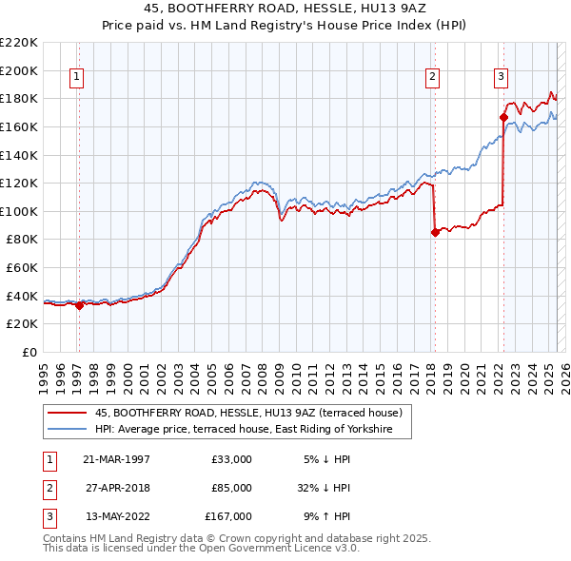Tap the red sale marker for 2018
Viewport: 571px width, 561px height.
(435, 231)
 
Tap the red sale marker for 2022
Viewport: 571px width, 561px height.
(503, 117)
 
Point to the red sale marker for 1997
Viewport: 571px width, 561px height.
(79, 305)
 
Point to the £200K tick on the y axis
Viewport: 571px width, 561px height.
(19, 70)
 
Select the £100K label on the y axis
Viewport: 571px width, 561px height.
(19, 211)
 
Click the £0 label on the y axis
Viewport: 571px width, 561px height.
(30, 352)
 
